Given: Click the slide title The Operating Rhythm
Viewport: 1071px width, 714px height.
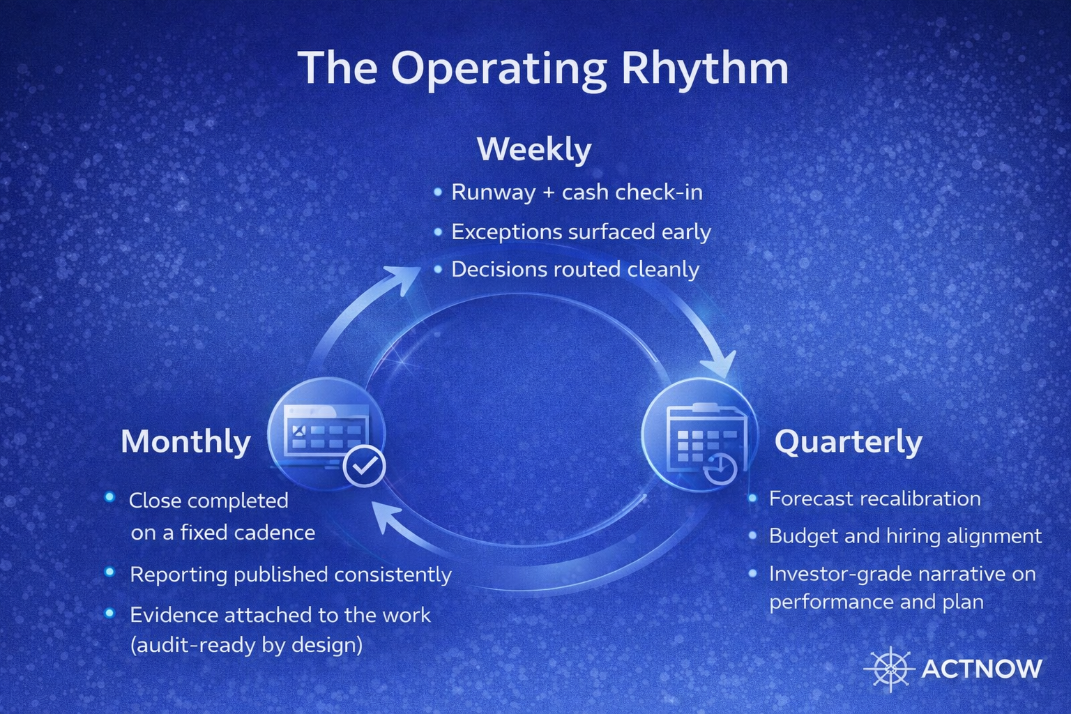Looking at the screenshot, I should tap(542, 68).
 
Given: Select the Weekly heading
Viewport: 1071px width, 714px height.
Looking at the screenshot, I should tap(534, 149).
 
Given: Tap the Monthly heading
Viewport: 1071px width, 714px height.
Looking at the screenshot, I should tap(185, 441).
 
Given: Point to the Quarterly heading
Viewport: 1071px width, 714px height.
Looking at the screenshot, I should tap(848, 441).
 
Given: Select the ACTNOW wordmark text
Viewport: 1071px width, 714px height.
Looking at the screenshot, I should tap(981, 669).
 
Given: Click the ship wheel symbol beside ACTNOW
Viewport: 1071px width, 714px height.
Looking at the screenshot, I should tap(890, 669).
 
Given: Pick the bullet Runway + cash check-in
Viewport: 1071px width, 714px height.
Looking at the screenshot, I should tap(576, 192).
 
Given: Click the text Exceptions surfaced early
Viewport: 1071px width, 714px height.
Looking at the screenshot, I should tap(580, 231).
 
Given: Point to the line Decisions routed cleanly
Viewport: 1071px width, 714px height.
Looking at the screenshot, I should tap(575, 269).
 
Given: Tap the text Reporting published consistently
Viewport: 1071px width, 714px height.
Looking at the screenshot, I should tap(290, 575).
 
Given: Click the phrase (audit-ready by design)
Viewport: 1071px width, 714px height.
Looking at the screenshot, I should tap(246, 645).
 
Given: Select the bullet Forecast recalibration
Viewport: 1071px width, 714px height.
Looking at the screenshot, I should tap(874, 499).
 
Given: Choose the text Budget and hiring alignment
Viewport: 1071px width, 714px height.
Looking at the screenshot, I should tap(905, 536).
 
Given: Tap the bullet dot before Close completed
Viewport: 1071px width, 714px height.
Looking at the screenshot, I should tap(109, 497).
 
